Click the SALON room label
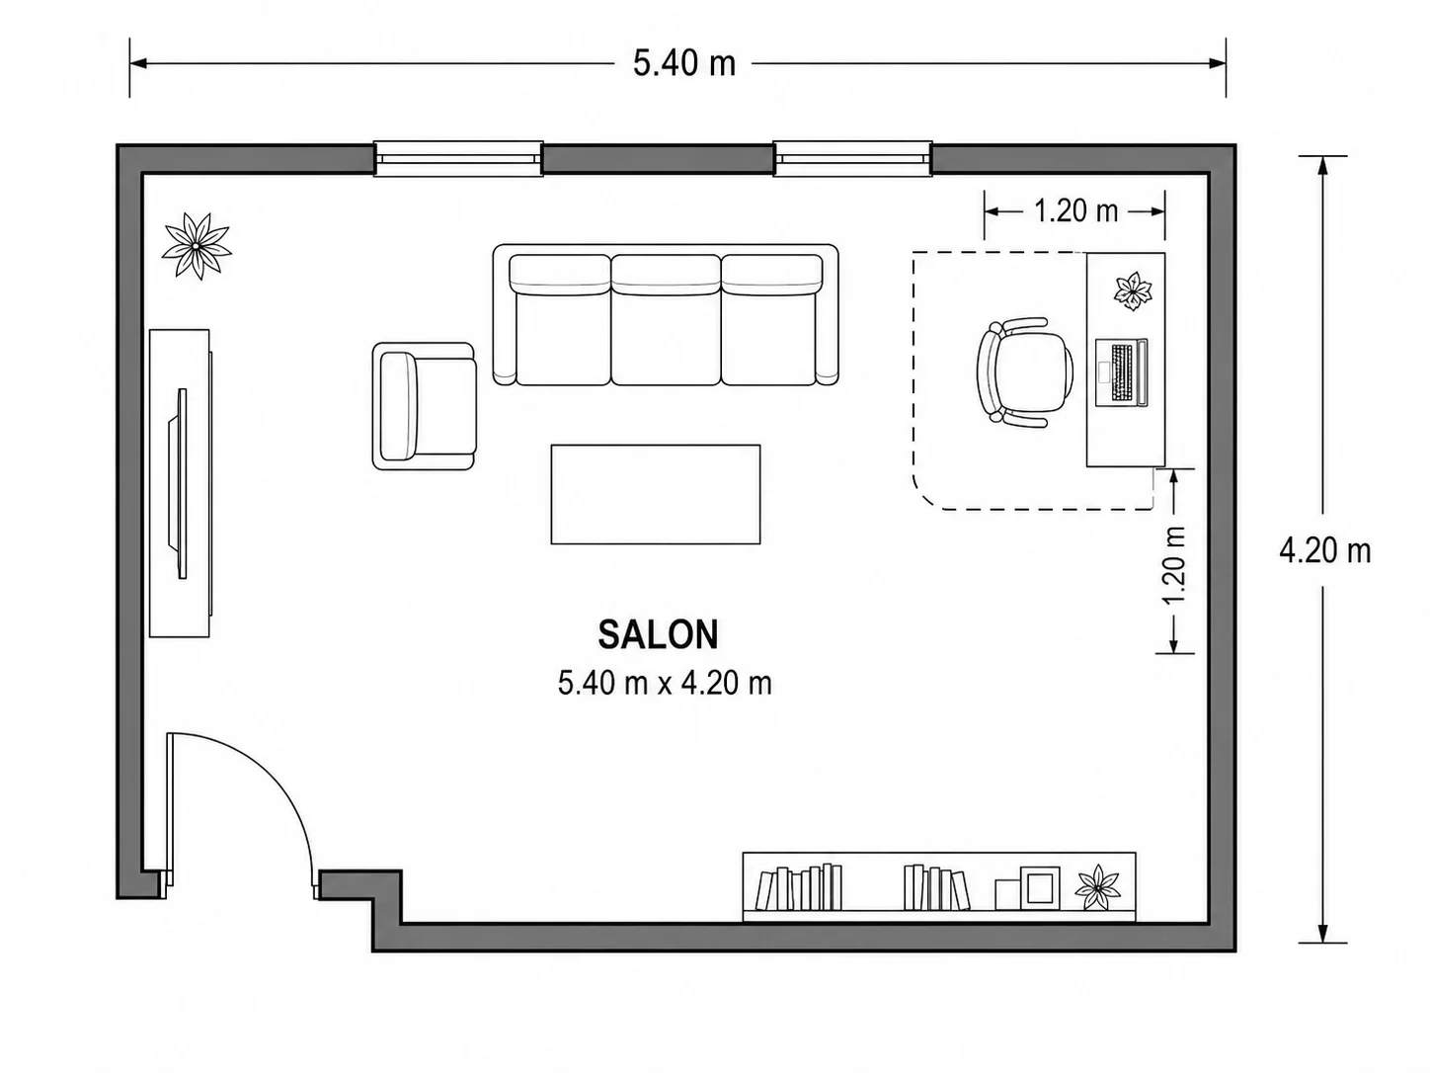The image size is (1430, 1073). pyautogui.click(x=658, y=634)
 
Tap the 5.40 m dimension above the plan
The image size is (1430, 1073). pyautogui.click(x=684, y=64)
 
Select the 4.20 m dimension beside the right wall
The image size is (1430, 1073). pyautogui.click(x=1325, y=551)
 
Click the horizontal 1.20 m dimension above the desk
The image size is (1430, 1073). pyautogui.click(x=1076, y=211)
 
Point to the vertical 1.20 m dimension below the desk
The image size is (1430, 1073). pyautogui.click(x=1174, y=564)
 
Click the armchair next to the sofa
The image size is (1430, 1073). pyautogui.click(x=424, y=406)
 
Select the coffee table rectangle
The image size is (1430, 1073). pyautogui.click(x=656, y=494)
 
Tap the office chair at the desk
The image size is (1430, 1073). pyautogui.click(x=1025, y=372)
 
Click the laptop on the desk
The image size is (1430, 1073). pyautogui.click(x=1121, y=372)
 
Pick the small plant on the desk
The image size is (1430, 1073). pyautogui.click(x=1133, y=291)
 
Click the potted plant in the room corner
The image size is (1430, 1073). pyautogui.click(x=197, y=246)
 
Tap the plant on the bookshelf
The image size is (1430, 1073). pyautogui.click(x=1098, y=886)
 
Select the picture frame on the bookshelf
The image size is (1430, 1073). pyautogui.click(x=1039, y=887)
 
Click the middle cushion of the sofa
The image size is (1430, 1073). pyautogui.click(x=666, y=319)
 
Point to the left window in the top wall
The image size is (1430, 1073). pyautogui.click(x=458, y=158)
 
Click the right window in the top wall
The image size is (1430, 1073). pyautogui.click(x=852, y=158)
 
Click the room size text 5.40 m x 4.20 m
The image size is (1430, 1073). pyautogui.click(x=665, y=684)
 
